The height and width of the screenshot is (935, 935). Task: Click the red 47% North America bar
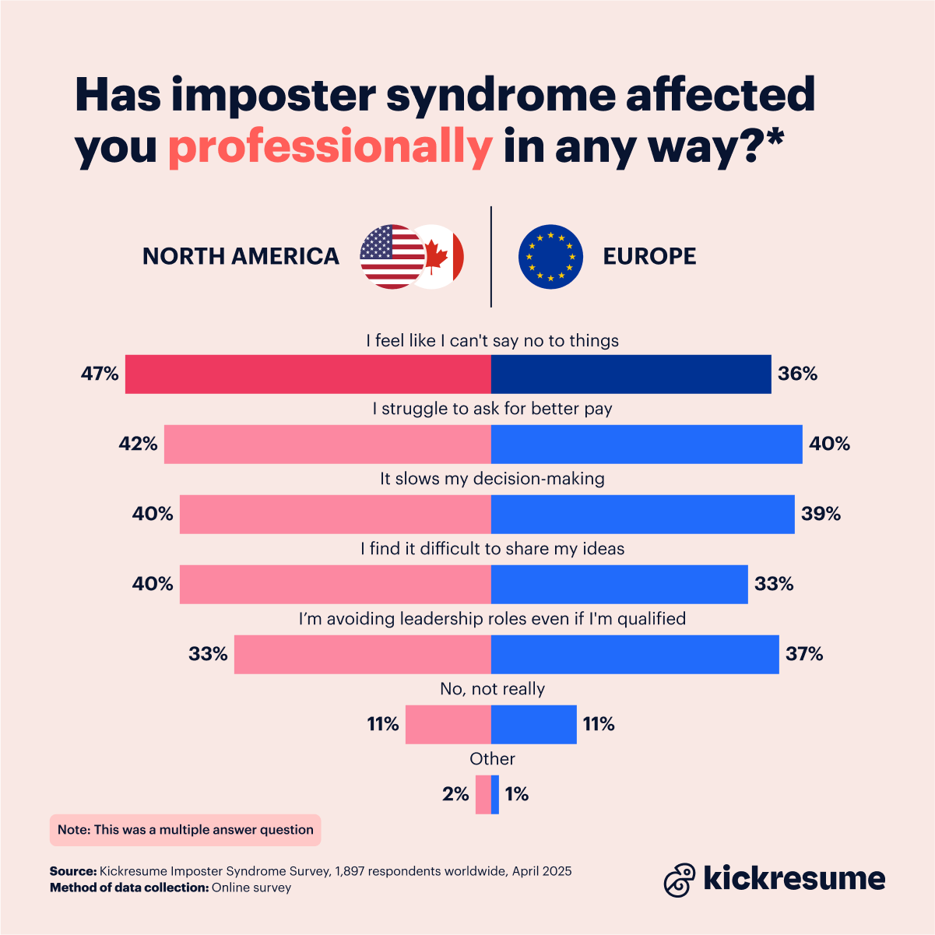coord(308,374)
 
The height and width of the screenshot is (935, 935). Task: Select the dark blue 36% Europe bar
coord(631,374)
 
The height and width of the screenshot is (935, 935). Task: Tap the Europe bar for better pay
coord(646,444)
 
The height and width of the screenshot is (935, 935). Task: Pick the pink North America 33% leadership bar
coord(362,654)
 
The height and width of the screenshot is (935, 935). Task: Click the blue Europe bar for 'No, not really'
coord(534,724)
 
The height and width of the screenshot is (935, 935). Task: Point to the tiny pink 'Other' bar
coord(483,794)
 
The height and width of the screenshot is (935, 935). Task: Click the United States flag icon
coord(389,256)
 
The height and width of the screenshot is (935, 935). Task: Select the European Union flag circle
coord(550,256)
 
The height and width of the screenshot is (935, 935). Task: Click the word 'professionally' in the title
coord(330,146)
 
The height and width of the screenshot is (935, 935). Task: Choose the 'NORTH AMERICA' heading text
coord(241,256)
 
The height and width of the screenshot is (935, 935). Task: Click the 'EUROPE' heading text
coord(649,256)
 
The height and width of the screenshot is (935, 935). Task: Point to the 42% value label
coord(138,444)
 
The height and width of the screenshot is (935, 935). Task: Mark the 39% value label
coord(821,514)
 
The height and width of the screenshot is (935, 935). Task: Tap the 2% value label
coord(455,794)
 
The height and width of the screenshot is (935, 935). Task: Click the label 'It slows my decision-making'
coord(492,478)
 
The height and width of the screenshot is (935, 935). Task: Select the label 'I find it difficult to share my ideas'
coord(492,548)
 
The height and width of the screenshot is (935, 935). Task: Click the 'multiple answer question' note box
coord(185,830)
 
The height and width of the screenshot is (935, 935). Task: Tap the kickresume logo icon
coord(679,880)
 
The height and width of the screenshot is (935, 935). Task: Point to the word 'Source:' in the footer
coord(73,871)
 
